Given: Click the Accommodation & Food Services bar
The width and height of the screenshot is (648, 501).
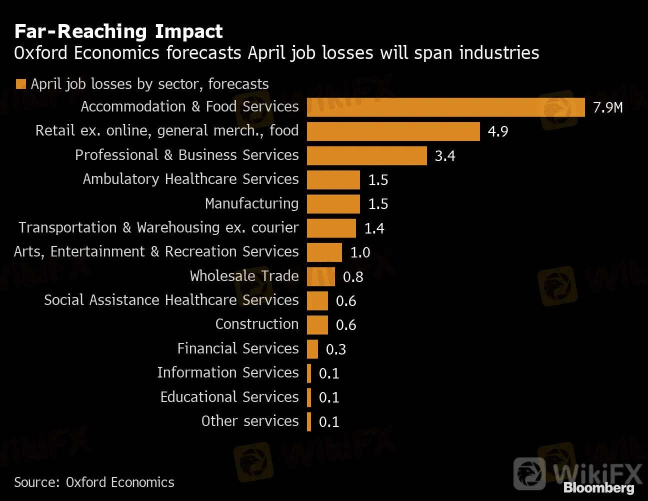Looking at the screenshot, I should (445, 107).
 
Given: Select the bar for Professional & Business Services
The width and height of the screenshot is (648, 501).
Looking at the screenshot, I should (366, 155).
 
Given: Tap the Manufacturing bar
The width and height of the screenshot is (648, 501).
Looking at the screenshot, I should (333, 204).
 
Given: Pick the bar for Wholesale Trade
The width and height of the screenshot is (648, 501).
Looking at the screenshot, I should (320, 276).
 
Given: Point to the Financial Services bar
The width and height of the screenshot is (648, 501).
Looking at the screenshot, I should (312, 349).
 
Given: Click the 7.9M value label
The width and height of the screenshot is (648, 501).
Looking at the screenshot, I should (607, 107).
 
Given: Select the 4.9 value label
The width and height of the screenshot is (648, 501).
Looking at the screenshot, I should (497, 131).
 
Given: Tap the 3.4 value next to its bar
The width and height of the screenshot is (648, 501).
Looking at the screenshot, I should (444, 156).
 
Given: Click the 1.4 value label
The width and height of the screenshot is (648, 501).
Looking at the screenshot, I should (374, 228).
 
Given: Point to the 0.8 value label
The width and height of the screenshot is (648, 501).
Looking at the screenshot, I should (352, 277).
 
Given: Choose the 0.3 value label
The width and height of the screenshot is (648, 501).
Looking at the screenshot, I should (335, 349).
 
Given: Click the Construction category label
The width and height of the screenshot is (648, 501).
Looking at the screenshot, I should (256, 324).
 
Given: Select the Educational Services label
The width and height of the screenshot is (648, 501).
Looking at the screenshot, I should (229, 397).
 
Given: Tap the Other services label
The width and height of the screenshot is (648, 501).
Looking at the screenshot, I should (249, 421).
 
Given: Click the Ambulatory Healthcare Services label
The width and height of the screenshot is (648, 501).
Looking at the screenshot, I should (190, 179).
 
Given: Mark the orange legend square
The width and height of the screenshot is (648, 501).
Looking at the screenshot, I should (20, 84).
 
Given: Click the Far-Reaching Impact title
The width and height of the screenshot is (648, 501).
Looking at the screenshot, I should (118, 31).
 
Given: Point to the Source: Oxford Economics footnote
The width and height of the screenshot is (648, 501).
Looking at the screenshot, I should (94, 482).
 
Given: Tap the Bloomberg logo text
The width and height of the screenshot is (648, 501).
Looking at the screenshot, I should (598, 487).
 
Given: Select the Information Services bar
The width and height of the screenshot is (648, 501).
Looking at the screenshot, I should (309, 373).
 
